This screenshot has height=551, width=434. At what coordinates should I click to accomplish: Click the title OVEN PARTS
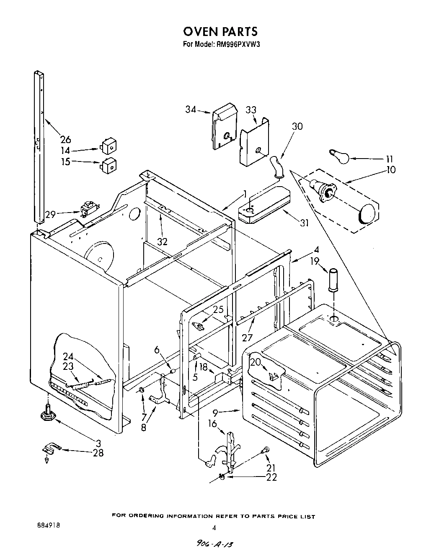pos(220,31)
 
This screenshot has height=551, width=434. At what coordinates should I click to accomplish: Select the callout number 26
pos(66,140)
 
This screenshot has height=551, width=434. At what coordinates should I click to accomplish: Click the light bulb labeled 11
pos(339,157)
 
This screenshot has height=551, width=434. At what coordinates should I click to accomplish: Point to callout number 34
pos(191,110)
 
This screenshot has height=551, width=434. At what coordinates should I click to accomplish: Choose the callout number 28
pos(99,453)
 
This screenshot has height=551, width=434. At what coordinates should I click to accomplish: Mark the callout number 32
pos(162,241)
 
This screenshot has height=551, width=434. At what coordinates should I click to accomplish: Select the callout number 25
pos(218,310)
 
